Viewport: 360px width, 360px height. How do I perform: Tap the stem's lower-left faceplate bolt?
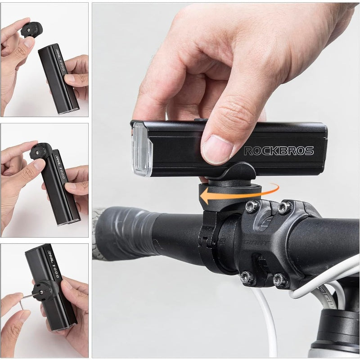(247, 277)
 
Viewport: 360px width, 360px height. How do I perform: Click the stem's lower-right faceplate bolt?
(280, 280)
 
